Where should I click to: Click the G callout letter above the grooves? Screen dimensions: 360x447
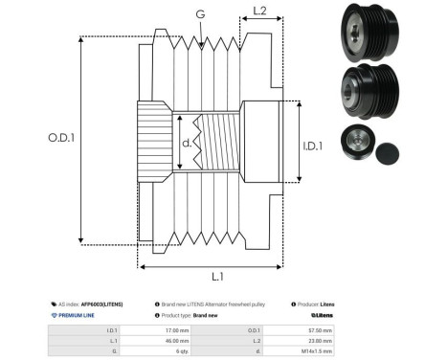(x=199, y=13)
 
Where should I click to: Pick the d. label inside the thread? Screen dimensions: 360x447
(x=187, y=145)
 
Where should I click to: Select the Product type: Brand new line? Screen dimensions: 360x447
(x=186, y=314)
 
